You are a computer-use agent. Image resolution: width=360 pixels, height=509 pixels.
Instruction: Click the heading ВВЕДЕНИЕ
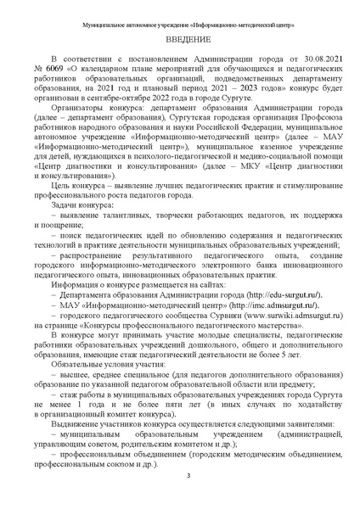[x=180, y=40]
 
